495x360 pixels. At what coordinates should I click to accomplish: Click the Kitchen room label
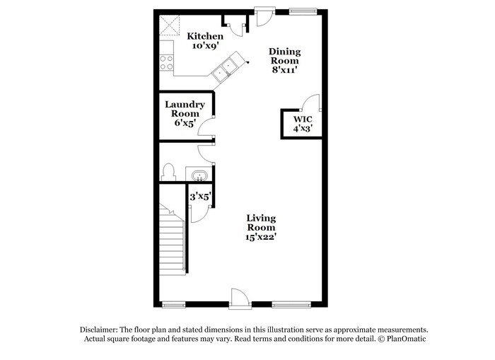[x=204, y=36]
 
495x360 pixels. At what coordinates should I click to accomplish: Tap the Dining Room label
[x=284, y=57]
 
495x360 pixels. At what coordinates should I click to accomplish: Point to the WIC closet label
[x=302, y=119]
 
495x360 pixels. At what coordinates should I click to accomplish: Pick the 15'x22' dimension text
[x=261, y=238]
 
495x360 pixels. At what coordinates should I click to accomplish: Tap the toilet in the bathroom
[x=168, y=172]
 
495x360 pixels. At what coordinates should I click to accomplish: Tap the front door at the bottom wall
[x=238, y=299]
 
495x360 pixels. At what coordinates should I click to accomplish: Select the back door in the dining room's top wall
[x=264, y=15]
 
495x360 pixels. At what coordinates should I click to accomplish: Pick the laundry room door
[x=206, y=127]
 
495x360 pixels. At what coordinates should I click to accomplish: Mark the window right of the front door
[x=289, y=305]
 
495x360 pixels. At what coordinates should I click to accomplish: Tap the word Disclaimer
[x=98, y=330]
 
